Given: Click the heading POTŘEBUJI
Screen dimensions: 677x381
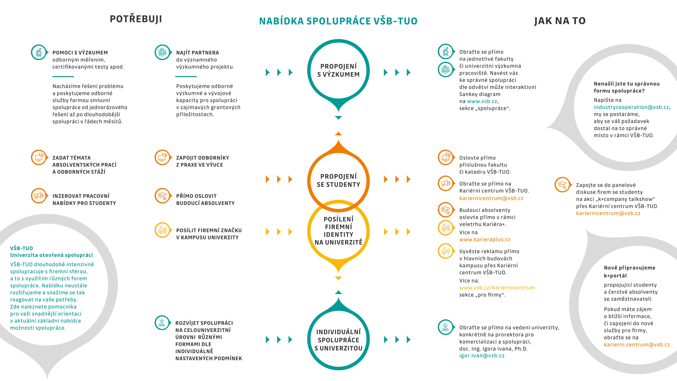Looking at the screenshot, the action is (136, 19).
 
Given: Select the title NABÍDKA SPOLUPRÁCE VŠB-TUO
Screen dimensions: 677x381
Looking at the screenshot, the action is (338, 21).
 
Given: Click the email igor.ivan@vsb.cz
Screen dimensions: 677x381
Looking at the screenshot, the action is (482, 356).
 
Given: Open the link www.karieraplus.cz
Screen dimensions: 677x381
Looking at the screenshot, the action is (485, 240).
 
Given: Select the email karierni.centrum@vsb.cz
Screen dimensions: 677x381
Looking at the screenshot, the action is (636, 344).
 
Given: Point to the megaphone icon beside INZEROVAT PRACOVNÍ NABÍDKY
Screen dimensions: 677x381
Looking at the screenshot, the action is (39, 196).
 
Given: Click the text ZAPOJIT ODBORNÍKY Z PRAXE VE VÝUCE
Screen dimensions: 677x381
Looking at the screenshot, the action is (203, 161).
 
